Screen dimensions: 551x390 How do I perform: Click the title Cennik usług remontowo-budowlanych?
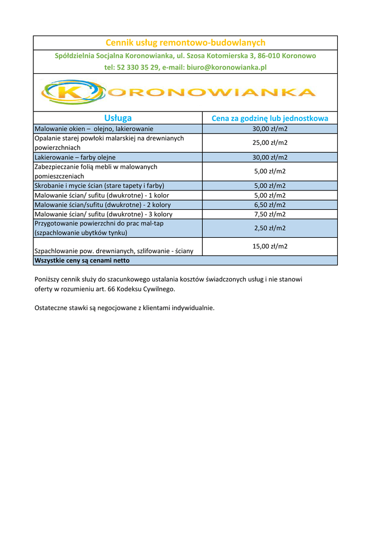185,43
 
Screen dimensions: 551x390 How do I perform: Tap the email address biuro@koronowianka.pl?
226,67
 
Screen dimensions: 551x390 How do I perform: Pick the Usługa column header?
118,118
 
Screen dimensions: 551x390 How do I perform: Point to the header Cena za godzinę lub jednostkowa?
270,118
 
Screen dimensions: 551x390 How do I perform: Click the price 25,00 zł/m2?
270,143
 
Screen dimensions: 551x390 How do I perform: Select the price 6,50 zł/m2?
270,204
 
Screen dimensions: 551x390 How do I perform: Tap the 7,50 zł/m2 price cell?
270,214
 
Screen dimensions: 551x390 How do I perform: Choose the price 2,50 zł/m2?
270,228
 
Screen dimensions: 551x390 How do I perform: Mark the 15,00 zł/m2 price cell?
270,246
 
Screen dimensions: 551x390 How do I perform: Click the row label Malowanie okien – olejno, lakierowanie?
94,129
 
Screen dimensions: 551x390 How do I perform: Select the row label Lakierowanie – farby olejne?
75,157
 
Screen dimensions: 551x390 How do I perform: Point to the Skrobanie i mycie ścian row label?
99,186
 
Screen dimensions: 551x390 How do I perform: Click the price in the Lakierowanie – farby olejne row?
270,157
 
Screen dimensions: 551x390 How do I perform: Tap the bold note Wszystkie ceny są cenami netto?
82,260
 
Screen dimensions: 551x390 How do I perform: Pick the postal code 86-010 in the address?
259,55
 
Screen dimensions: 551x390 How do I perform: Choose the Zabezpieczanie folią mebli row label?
96,171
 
